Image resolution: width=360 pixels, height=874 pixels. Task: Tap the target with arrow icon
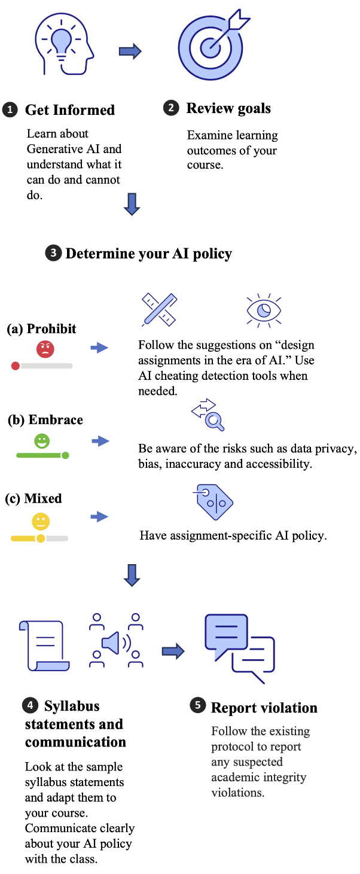point(213,45)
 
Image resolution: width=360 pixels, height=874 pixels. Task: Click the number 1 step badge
point(10,111)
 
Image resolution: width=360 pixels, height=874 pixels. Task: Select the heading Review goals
point(228,108)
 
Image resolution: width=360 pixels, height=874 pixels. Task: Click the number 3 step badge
point(53,254)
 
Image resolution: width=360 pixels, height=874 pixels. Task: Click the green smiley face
point(42,441)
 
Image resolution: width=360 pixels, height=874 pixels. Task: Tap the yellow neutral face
point(41,521)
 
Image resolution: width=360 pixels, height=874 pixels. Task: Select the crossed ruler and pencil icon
point(159,309)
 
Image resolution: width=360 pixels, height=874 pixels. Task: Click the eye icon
point(264,310)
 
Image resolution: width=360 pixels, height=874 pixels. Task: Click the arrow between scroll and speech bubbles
point(173,651)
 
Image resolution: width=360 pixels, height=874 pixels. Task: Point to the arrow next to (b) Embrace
point(100,441)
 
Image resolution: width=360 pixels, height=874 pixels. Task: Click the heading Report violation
point(264,708)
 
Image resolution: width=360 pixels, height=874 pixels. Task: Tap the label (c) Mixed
point(33,498)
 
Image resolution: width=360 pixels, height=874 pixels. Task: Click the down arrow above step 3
point(132,203)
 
